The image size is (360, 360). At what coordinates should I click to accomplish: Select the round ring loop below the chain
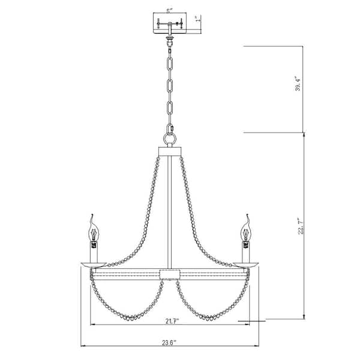click(170, 137)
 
